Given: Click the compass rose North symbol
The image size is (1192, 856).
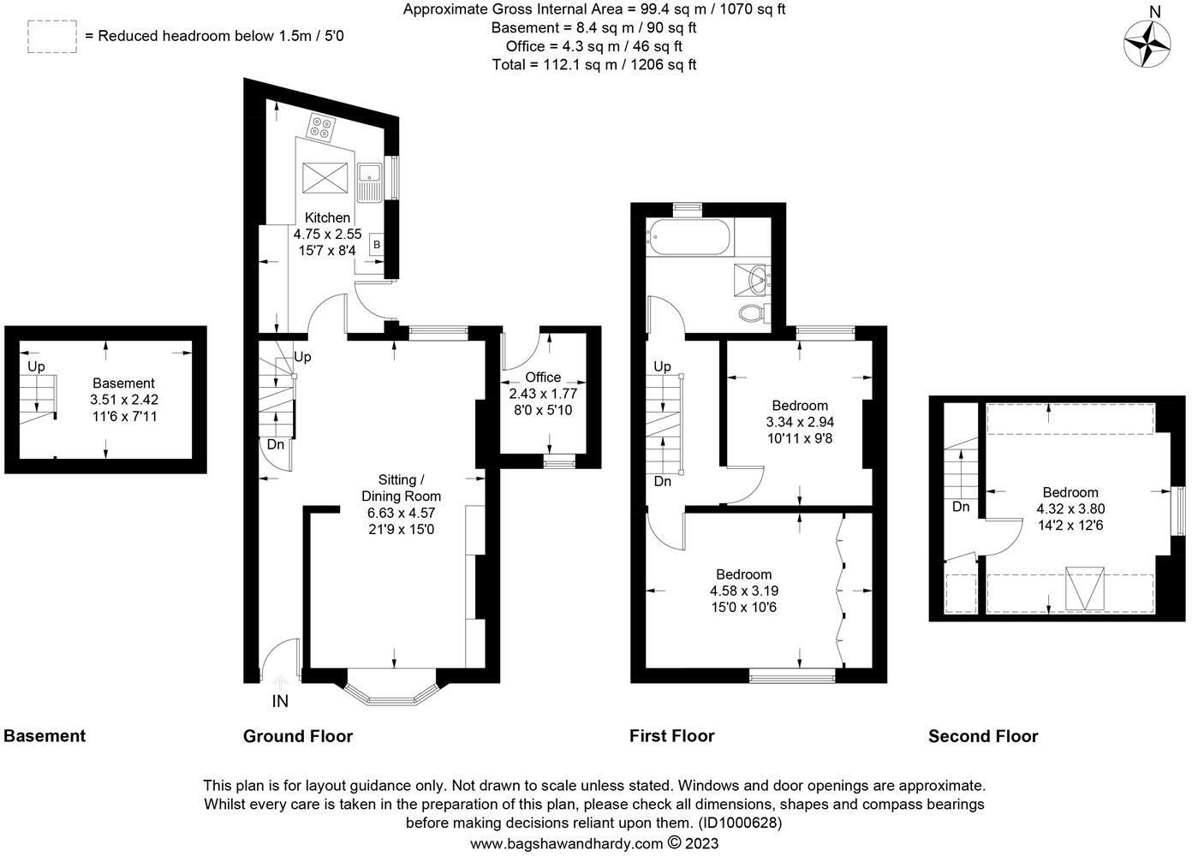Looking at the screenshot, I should [1147, 40].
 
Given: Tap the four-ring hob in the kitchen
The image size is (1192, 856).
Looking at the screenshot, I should [321, 128].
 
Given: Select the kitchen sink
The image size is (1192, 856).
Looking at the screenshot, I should [371, 181].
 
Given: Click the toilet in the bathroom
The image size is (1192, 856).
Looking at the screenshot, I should [753, 312].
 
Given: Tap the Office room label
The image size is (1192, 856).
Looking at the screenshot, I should [543, 377].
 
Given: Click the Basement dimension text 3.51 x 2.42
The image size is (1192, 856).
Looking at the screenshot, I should [124, 400].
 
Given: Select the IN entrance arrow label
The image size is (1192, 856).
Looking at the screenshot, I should [280, 700].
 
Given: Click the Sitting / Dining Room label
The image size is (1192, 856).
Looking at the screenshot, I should [401, 488].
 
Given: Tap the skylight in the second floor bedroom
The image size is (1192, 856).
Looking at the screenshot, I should [1085, 588].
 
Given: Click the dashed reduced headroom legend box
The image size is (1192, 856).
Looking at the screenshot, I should [52, 37].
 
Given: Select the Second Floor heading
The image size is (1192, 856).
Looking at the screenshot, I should [982, 736].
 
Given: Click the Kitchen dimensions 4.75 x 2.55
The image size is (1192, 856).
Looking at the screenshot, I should [327, 234].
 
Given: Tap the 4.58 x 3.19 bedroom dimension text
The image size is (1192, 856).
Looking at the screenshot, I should [743, 591].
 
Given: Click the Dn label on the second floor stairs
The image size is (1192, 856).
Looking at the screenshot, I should [961, 507].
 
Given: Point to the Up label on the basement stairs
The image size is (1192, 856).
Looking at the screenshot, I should [36, 366].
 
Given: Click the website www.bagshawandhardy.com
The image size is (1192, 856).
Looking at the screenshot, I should [567, 843].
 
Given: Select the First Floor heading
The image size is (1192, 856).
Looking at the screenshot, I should [671, 736].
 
